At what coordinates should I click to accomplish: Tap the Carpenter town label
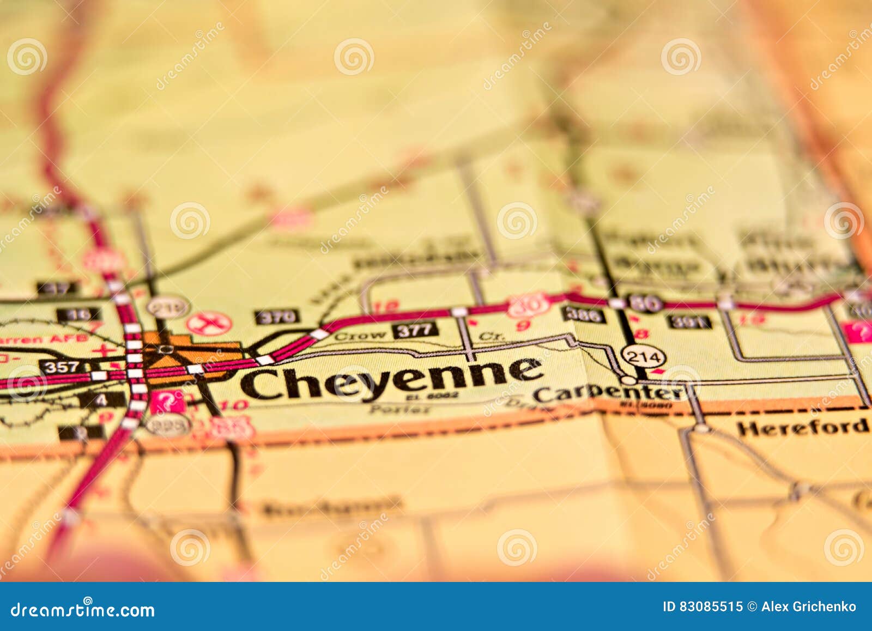(x=608, y=392)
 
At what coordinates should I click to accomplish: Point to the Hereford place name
(x=802, y=427)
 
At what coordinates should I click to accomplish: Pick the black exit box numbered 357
(x=61, y=367)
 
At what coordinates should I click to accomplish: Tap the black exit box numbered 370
(x=277, y=317)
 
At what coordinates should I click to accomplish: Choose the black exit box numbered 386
(x=584, y=314)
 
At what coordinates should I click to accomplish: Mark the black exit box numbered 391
(x=690, y=321)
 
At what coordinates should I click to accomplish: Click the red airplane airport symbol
(x=209, y=324)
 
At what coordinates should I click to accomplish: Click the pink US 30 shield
(x=526, y=306)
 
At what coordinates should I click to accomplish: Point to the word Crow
(x=360, y=336)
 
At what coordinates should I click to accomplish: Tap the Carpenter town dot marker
(x=629, y=379)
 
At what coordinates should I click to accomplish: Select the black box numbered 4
(x=102, y=399)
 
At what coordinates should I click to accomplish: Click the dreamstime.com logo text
(x=83, y=610)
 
